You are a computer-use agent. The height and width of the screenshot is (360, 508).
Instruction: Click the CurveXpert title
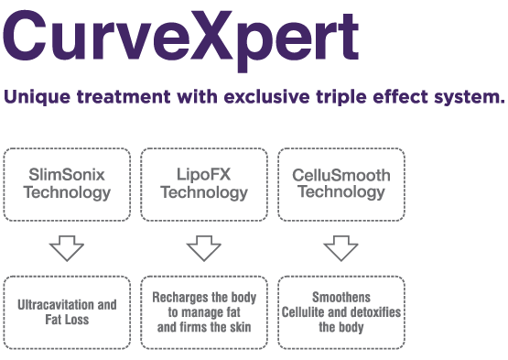[181, 39]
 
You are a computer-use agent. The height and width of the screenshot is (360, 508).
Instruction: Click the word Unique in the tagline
[37, 97]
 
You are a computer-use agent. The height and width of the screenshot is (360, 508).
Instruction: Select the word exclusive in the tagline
[266, 97]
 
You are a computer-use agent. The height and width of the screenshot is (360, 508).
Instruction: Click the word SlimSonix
[67, 174]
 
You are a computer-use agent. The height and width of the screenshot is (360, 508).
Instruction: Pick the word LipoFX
[204, 174]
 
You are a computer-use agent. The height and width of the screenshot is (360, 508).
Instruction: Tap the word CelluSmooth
[341, 175]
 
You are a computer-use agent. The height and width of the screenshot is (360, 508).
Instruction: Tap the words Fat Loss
[67, 320]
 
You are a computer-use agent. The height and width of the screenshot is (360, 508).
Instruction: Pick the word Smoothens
[341, 298]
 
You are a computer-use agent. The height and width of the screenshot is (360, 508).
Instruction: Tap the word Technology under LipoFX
[204, 192]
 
